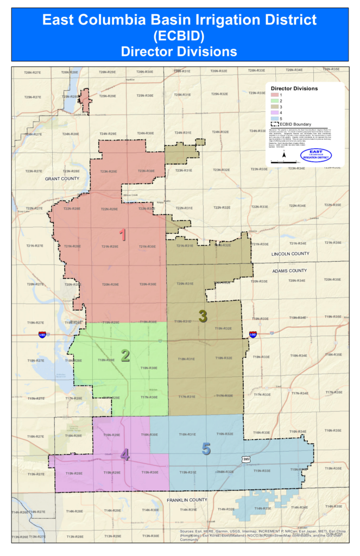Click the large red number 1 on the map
(123, 235)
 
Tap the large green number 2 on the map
(125, 356)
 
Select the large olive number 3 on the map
(203, 316)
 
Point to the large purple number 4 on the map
(125, 454)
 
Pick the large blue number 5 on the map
(206, 448)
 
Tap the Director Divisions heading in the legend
(294, 88)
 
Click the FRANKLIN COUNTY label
(187, 500)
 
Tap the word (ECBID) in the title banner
(179, 36)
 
